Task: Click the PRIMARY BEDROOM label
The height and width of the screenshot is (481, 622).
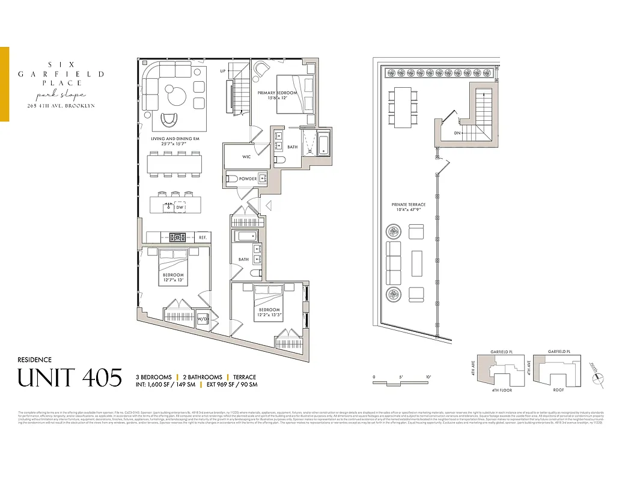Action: click(x=277, y=93)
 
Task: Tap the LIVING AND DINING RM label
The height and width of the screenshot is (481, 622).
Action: click(x=175, y=139)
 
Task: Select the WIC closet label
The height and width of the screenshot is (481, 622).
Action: click(x=246, y=157)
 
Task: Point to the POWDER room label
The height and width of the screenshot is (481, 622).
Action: click(x=248, y=179)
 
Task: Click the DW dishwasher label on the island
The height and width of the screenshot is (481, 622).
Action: click(x=179, y=207)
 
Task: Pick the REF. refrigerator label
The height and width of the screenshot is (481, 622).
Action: click(x=203, y=237)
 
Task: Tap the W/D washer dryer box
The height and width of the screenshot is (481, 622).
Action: click(x=203, y=319)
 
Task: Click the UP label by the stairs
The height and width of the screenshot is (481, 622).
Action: click(x=223, y=71)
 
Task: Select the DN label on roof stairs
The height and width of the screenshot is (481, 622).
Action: click(x=457, y=133)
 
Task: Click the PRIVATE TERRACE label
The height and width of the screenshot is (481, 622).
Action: click(x=409, y=205)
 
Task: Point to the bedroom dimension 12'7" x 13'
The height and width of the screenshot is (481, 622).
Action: click(x=173, y=281)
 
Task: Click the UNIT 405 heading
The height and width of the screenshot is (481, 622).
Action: click(x=70, y=378)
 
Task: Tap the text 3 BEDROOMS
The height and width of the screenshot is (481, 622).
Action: click(x=153, y=377)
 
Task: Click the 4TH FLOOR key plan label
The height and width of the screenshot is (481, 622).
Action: click(x=501, y=390)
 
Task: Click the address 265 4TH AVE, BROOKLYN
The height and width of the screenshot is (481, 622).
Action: click(x=61, y=106)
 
